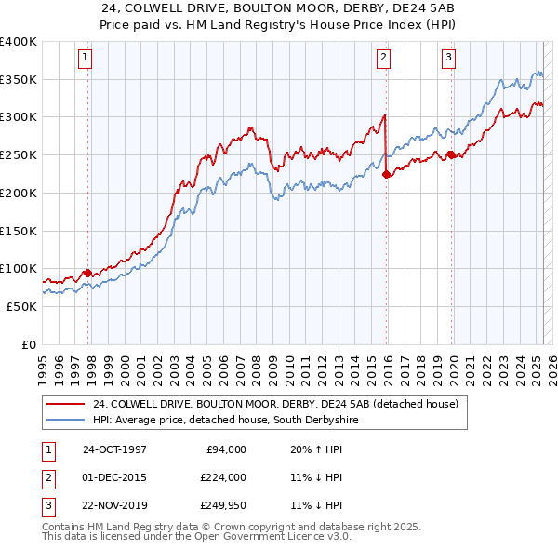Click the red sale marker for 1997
click(88, 273)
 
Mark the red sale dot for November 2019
click(451, 155)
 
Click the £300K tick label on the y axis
click(18, 117)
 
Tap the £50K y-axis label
click(21, 306)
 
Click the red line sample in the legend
click(66, 405)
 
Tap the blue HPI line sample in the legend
click(66, 421)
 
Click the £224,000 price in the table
click(222, 477)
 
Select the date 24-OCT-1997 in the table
click(114, 449)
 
